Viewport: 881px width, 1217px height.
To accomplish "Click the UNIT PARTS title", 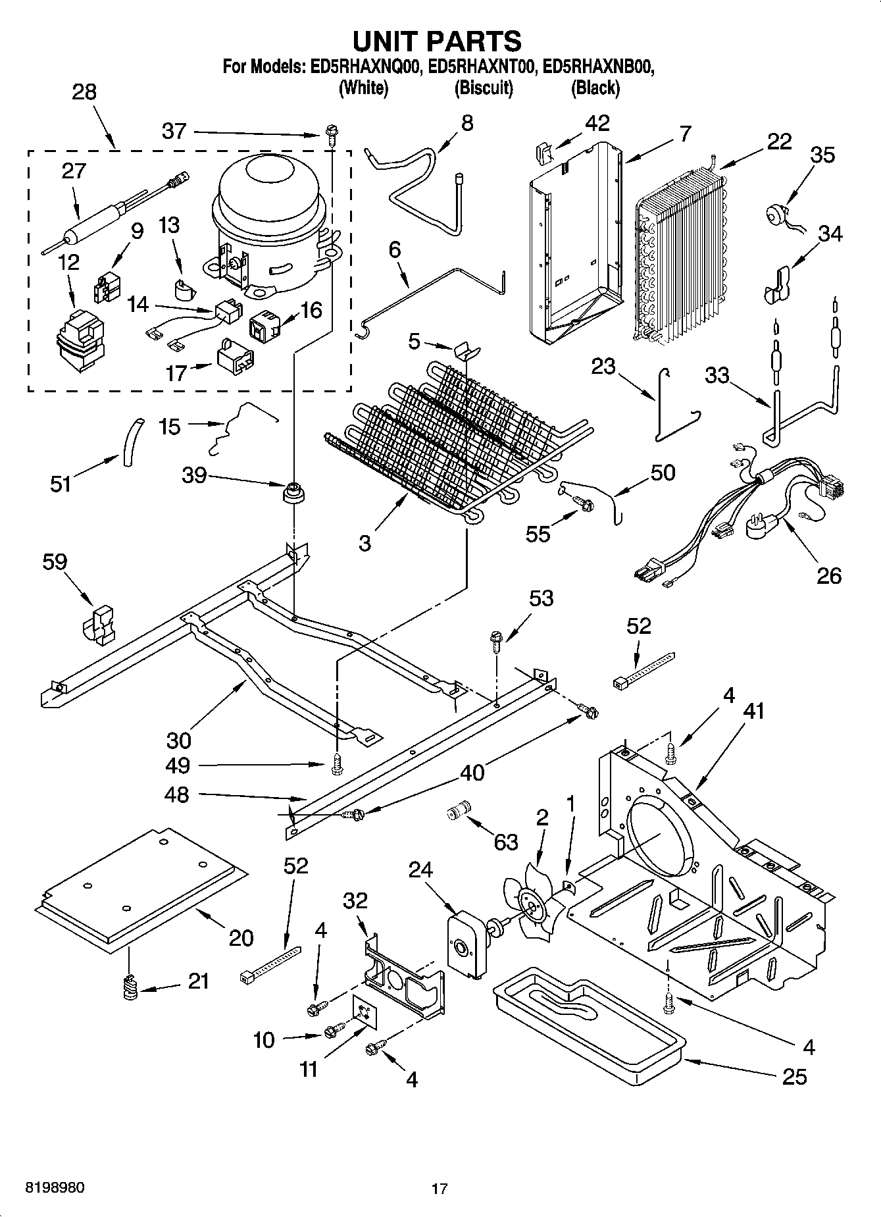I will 438,41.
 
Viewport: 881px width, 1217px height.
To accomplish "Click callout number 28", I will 84,92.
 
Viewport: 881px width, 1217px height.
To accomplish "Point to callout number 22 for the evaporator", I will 779,142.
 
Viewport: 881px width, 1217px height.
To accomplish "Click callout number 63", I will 505,842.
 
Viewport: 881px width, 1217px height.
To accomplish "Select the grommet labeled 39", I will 294,492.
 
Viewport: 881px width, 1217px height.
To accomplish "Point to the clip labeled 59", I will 99,623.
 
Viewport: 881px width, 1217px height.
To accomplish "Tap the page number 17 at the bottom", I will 440,1188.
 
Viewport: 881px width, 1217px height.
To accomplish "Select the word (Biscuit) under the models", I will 484,88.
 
